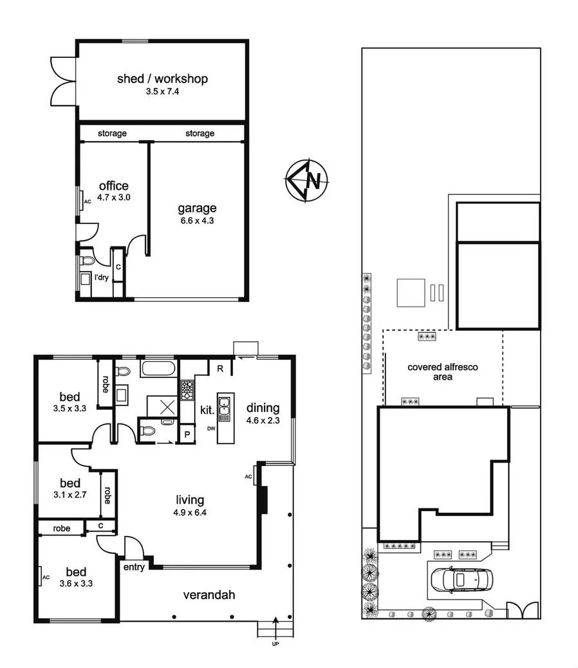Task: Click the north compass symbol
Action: point(307,181)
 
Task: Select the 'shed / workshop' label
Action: point(162,79)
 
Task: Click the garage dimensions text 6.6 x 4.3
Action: point(197,220)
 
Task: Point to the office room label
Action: point(113,186)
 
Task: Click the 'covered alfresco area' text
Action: point(442,372)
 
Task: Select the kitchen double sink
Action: point(225,408)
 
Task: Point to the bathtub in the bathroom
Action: point(158,369)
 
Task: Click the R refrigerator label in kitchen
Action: point(220,369)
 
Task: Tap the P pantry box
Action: point(187,434)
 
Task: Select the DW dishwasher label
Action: point(211,429)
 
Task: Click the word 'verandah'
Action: point(209,595)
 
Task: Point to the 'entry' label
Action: point(133,567)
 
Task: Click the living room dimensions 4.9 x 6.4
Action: point(191,512)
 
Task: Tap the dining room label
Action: point(263,407)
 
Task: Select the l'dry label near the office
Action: point(101,278)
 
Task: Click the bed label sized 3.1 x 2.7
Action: point(70,483)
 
